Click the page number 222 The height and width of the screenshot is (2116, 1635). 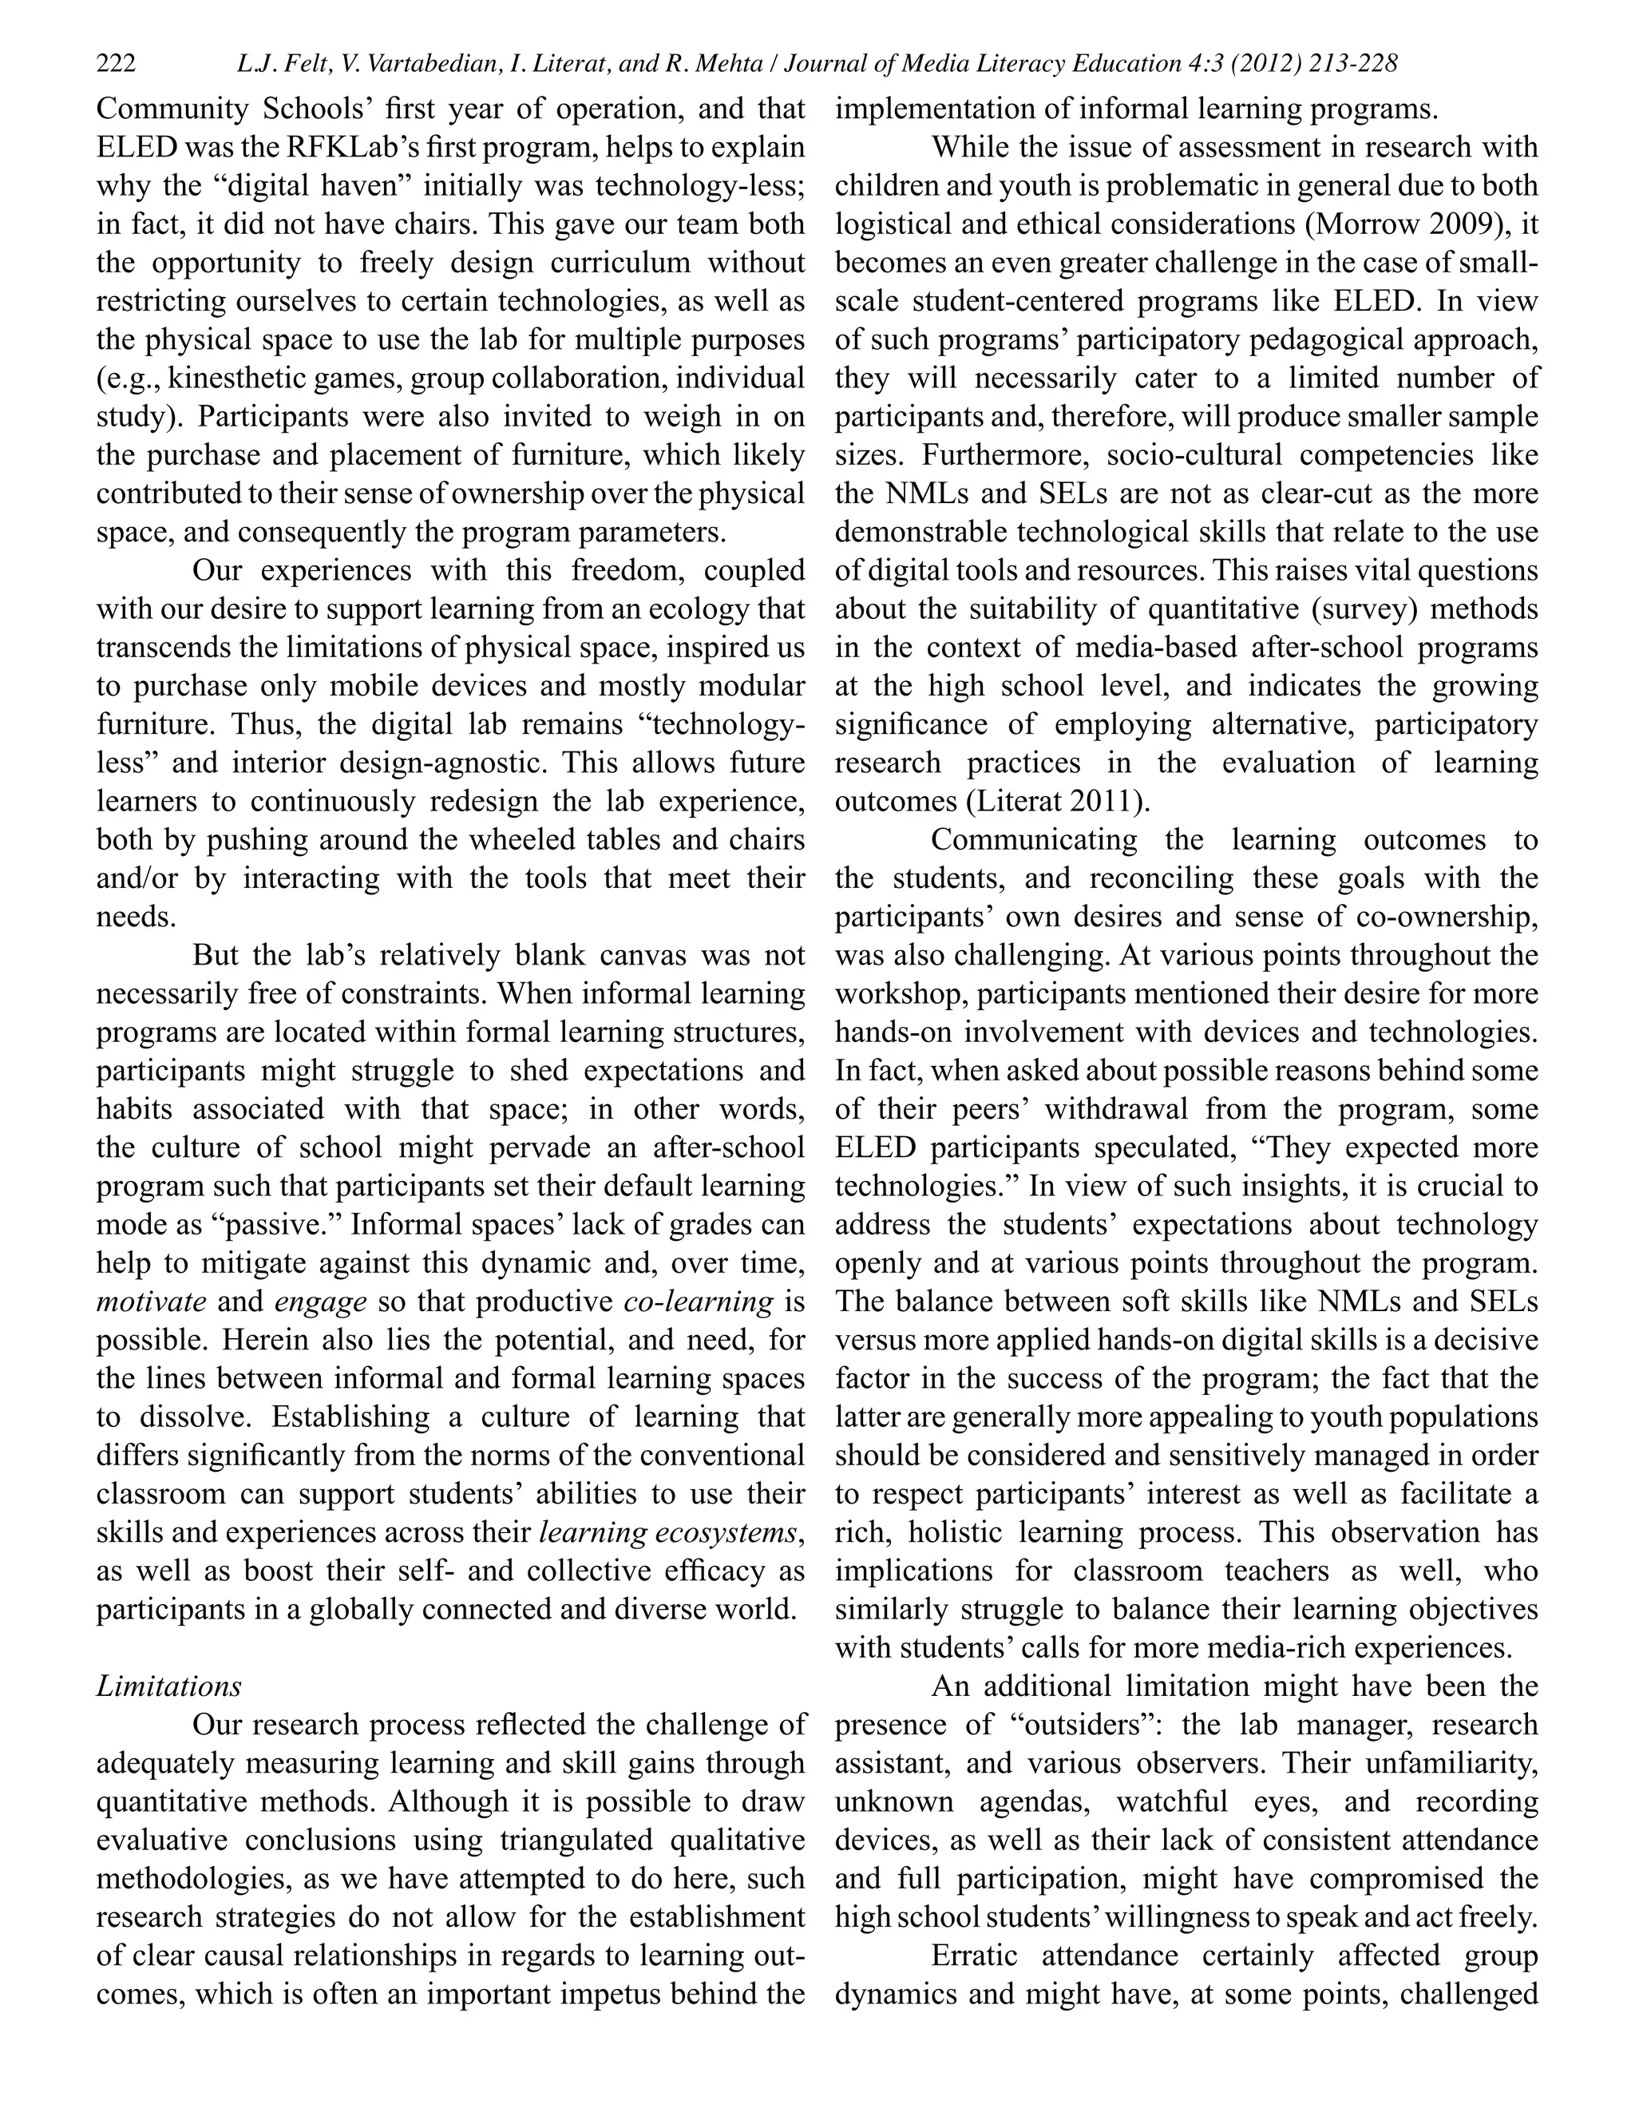pos(117,64)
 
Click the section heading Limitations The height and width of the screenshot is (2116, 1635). pos(168,1686)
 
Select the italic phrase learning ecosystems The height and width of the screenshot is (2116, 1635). pos(668,1533)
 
